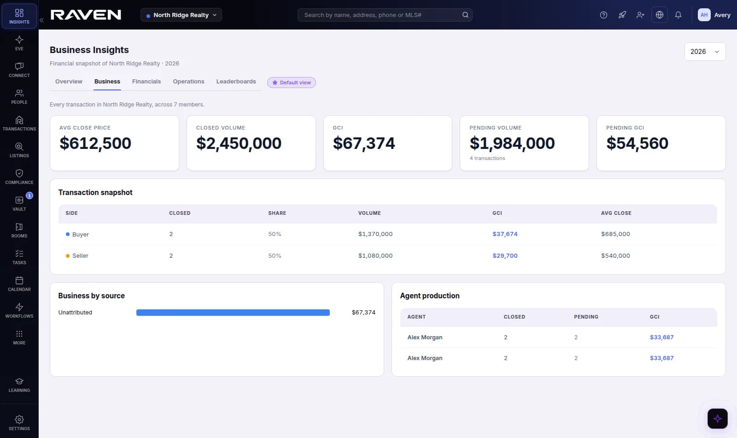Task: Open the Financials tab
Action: click(146, 81)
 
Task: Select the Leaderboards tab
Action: click(236, 81)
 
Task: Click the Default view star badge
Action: click(292, 83)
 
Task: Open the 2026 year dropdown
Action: click(705, 52)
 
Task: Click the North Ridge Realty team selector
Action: click(181, 15)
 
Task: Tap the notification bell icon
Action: click(678, 15)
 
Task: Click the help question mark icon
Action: click(603, 15)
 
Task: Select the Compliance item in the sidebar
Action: click(19, 177)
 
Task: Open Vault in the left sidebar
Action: click(19, 203)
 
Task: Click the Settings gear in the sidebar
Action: click(19, 423)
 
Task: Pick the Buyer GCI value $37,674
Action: click(505, 234)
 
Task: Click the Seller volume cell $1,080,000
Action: click(375, 255)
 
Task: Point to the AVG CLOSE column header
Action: click(616, 213)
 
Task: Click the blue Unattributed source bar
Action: click(233, 313)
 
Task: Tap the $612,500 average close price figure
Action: click(95, 143)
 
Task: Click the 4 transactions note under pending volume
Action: click(487, 158)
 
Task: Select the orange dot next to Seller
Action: click(67, 256)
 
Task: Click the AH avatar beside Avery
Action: click(704, 15)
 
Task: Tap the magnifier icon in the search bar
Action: click(465, 15)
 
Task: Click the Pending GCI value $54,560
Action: click(637, 143)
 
